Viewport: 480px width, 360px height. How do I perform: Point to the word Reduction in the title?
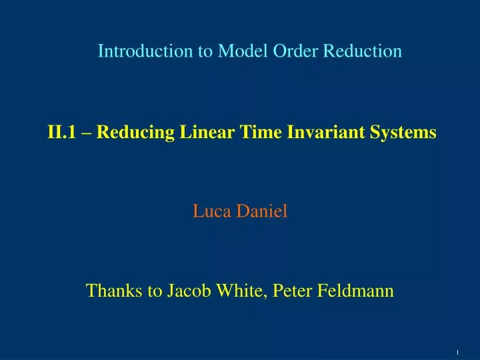pos(363,51)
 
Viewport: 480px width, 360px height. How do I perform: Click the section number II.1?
pos(61,133)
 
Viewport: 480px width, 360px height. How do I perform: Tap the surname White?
pos(231,291)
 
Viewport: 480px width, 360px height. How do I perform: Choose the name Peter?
pos(283,291)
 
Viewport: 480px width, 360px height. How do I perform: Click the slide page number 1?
pos(458,351)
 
